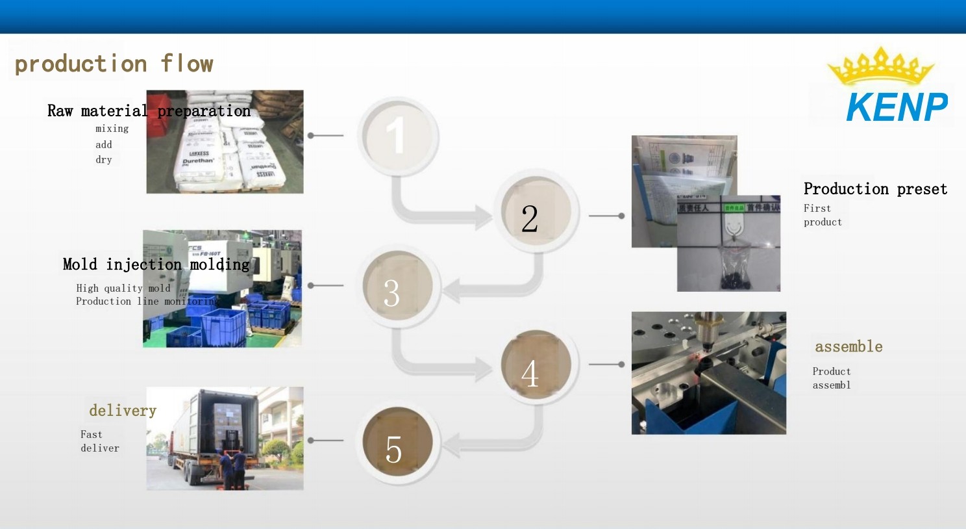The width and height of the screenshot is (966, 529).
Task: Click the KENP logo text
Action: [x=897, y=107]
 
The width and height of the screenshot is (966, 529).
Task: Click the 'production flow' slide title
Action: [x=114, y=64]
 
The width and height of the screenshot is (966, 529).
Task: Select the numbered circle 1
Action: [x=397, y=136]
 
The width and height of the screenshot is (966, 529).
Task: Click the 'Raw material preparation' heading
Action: [x=149, y=111]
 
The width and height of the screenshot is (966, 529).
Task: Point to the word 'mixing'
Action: [x=112, y=129]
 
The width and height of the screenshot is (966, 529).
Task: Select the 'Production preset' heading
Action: [x=875, y=189]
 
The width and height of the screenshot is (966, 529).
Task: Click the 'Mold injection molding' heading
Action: [x=156, y=264]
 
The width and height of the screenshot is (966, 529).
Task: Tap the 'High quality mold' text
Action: [x=123, y=288]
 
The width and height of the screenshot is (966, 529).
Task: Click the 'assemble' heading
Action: [x=848, y=346]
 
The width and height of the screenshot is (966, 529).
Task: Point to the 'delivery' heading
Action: [x=123, y=411]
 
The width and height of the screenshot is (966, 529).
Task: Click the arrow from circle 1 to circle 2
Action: [x=441, y=214]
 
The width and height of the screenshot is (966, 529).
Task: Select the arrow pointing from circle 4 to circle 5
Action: [x=493, y=445]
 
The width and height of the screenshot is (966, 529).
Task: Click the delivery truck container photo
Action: [x=225, y=438]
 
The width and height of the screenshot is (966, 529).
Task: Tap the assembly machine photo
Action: [x=708, y=373]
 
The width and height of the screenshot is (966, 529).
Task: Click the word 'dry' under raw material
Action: [x=104, y=160]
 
